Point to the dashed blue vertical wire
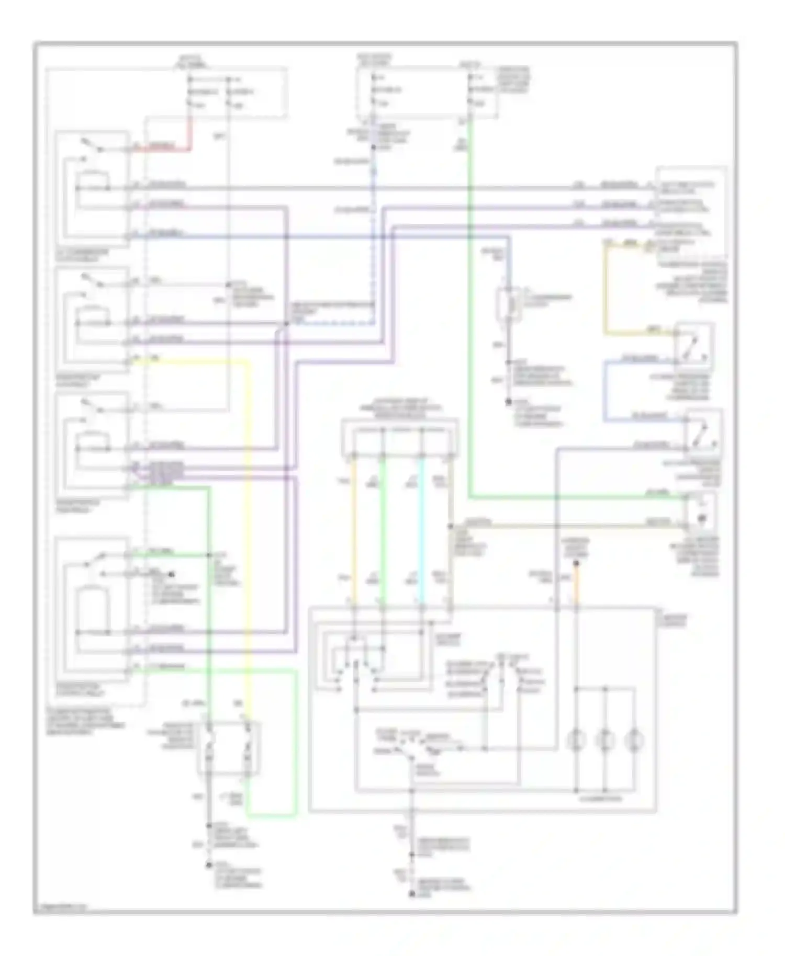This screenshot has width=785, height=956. [x=374, y=235]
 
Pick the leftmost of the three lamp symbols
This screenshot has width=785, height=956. [x=576, y=739]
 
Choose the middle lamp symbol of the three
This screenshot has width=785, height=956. [x=605, y=739]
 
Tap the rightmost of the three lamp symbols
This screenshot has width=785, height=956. [x=634, y=739]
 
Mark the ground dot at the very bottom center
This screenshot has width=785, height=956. [x=412, y=896]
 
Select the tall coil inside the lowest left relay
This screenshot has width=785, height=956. [x=92, y=609]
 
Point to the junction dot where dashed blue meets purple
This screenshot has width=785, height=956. [x=286, y=324]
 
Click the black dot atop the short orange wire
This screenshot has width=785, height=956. [x=576, y=563]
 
